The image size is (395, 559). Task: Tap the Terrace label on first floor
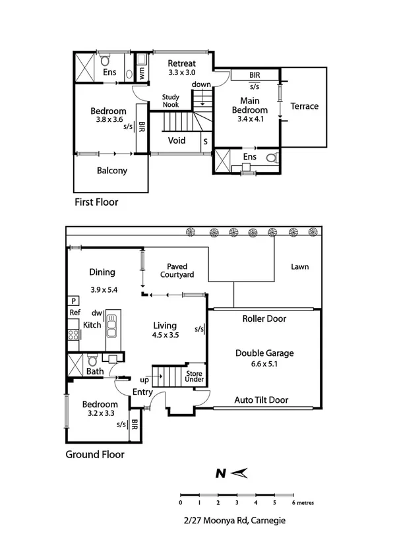(x=304, y=106)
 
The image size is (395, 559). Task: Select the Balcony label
(x=111, y=171)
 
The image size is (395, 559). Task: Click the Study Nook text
(x=171, y=101)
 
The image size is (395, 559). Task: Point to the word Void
(x=177, y=140)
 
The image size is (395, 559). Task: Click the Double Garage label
(x=264, y=353)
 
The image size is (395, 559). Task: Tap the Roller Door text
(x=264, y=318)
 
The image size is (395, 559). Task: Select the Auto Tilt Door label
(x=261, y=400)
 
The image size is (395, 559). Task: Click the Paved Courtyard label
(x=175, y=271)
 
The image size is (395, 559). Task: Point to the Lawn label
(x=299, y=267)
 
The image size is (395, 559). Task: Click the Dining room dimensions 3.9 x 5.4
(x=104, y=289)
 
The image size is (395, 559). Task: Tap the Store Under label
(x=195, y=375)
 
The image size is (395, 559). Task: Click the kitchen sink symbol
(x=111, y=325)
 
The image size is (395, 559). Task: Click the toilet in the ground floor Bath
(x=93, y=360)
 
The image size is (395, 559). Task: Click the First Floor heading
(x=96, y=202)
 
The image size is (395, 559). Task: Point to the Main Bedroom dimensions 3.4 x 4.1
(x=250, y=119)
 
